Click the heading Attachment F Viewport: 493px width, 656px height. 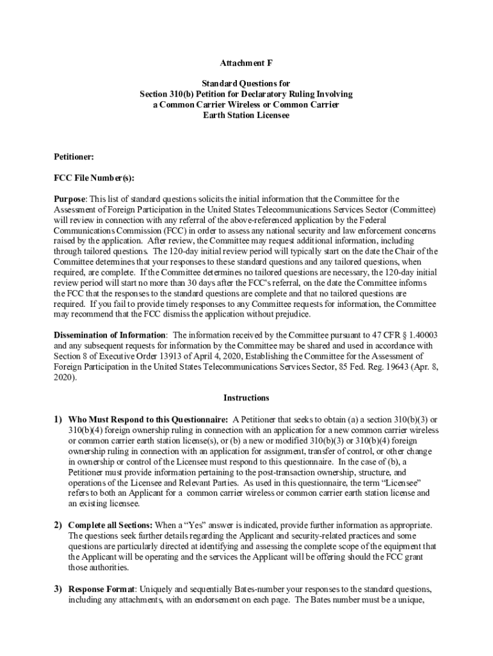coord(247,63)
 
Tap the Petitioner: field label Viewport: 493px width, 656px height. coord(74,156)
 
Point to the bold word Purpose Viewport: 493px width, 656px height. coord(69,199)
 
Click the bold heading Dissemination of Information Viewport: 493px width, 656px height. coord(110,335)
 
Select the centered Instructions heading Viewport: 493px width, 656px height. coord(247,398)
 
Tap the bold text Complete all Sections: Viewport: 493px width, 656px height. coord(109,525)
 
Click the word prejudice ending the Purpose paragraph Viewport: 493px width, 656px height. coord(290,315)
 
